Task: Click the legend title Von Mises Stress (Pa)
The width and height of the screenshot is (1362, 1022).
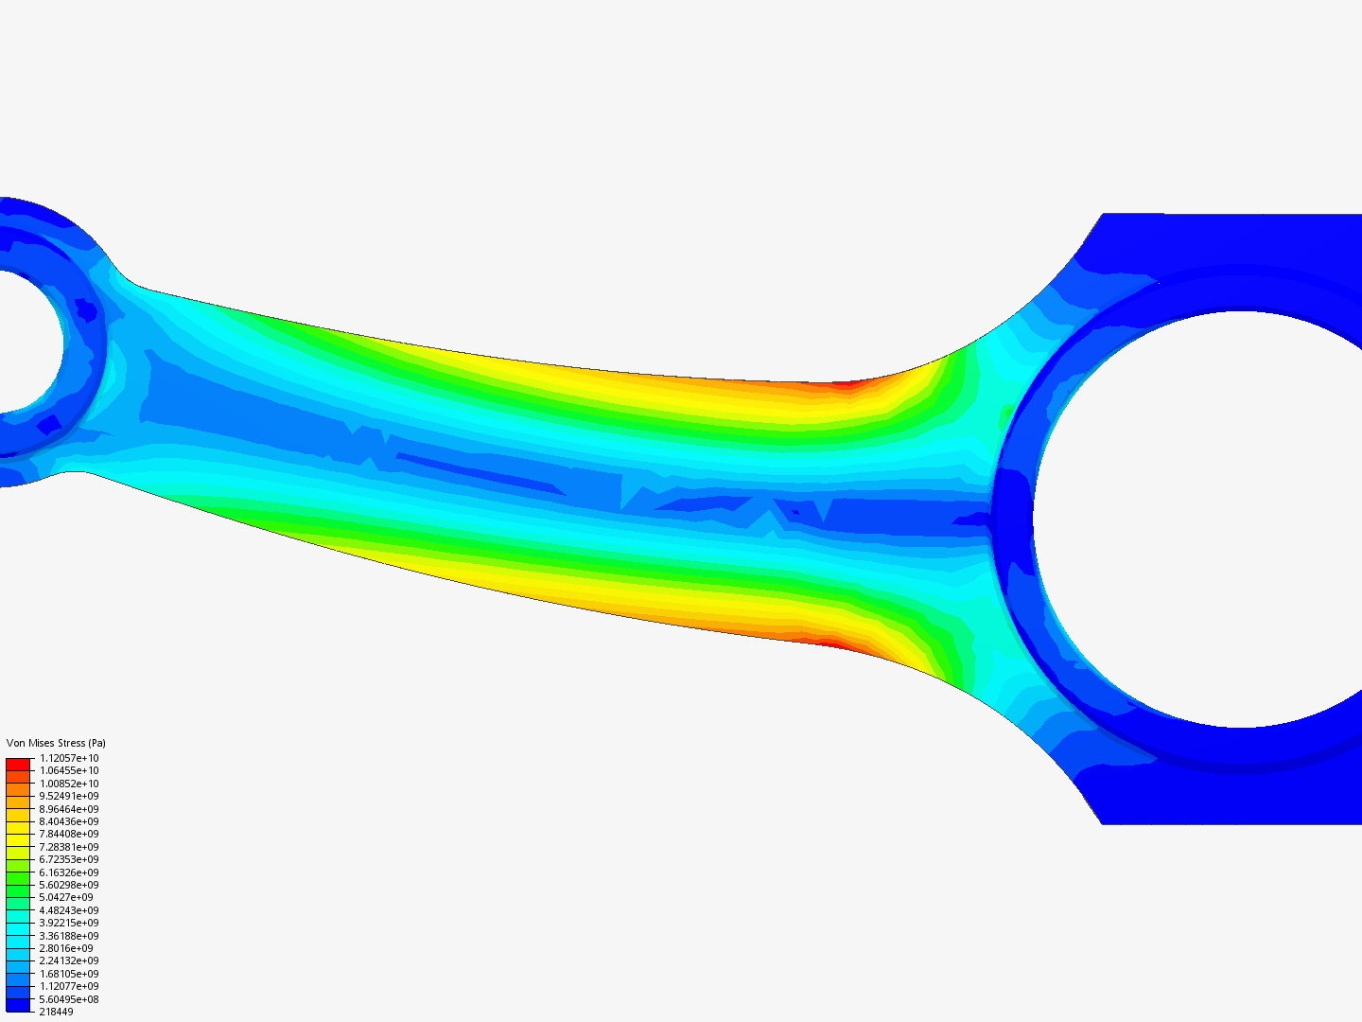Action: click(56, 743)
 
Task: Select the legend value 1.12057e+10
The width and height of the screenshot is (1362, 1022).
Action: click(69, 758)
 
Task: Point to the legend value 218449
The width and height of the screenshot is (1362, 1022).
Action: click(56, 1012)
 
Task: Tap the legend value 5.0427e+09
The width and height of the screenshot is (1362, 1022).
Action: click(66, 897)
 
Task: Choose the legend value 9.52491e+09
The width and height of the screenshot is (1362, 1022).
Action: click(69, 796)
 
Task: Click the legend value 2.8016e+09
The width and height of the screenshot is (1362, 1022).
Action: click(66, 948)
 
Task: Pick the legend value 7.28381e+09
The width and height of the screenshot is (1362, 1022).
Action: click(69, 847)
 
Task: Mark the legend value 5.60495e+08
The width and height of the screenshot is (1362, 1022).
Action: click(69, 999)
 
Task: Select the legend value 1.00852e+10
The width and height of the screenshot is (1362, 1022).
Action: click(69, 784)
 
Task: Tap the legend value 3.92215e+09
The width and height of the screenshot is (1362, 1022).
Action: click(69, 923)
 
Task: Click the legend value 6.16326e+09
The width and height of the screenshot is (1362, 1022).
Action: click(69, 872)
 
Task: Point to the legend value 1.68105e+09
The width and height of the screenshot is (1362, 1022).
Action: click(69, 974)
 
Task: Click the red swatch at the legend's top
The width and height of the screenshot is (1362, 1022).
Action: click(18, 764)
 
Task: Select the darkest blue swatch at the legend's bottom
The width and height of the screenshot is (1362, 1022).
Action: click(18, 1005)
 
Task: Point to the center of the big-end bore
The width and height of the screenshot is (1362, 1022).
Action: click(1239, 519)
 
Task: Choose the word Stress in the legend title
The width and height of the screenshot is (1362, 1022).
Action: click(71, 743)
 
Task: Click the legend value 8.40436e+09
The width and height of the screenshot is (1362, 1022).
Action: click(69, 821)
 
